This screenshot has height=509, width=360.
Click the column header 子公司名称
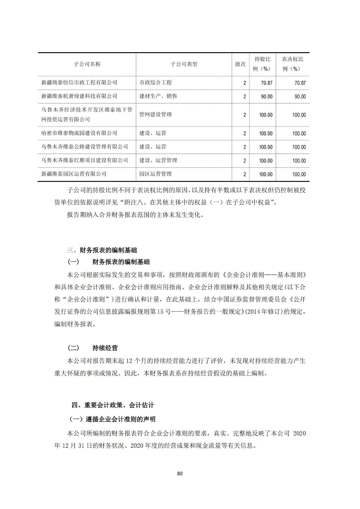point(87,64)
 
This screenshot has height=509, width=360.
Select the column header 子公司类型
point(184,64)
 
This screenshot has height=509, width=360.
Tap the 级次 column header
point(240,64)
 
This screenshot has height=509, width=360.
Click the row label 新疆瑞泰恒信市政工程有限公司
point(79,83)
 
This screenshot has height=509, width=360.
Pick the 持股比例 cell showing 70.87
point(266,83)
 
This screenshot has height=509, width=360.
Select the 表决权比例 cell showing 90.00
point(300,97)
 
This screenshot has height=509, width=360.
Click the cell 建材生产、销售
point(158,96)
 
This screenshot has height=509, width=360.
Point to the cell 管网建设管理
point(155,115)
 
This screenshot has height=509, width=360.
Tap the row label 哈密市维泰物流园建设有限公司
point(79,133)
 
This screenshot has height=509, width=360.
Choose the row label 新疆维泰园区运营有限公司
point(74,174)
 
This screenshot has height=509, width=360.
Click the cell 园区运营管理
point(155,174)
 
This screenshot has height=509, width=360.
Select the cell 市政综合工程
point(155,83)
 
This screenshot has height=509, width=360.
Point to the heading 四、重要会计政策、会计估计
point(113,405)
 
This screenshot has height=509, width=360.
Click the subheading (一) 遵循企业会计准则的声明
point(112,419)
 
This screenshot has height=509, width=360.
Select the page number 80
point(180,474)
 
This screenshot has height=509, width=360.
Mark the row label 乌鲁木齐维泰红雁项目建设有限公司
point(85,160)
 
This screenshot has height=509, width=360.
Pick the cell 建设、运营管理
point(158,160)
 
